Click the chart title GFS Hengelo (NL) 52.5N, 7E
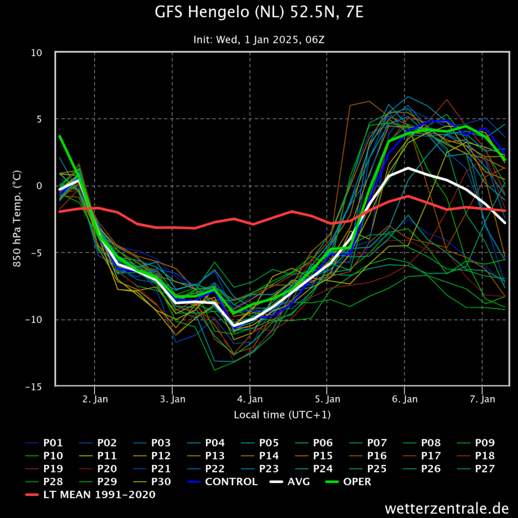click(x=259, y=13)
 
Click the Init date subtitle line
click(x=259, y=40)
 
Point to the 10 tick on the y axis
click(x=36, y=53)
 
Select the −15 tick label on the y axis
click(x=33, y=386)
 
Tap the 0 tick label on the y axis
click(x=39, y=186)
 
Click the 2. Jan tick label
click(x=95, y=399)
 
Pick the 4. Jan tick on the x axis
click(x=250, y=399)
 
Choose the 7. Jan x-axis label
click(x=483, y=399)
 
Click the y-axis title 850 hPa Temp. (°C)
click(x=17, y=219)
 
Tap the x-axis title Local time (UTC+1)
click(x=282, y=415)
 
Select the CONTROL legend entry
click(x=223, y=482)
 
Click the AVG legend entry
click(x=290, y=482)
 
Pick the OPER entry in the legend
click(x=348, y=482)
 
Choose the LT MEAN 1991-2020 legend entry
click(x=90, y=495)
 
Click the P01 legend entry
click(x=44, y=443)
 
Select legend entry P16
click(x=368, y=456)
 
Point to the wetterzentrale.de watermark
click(x=447, y=508)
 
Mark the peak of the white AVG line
click(x=408, y=168)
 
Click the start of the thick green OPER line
click(x=60, y=136)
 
